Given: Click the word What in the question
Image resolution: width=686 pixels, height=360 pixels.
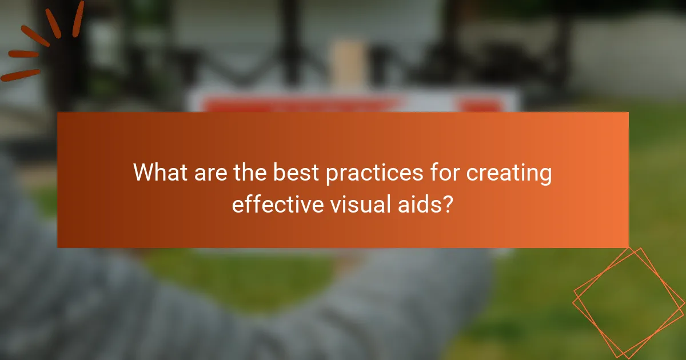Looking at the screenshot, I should coord(158,173).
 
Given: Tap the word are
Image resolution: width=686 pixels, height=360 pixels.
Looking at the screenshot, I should coord(206,173).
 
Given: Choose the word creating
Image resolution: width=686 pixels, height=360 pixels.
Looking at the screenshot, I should coord(509,174).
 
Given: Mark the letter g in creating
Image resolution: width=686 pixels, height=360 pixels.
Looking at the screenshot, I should coord(544,176).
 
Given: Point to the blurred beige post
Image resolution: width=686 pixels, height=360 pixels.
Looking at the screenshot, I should coord(348,65).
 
